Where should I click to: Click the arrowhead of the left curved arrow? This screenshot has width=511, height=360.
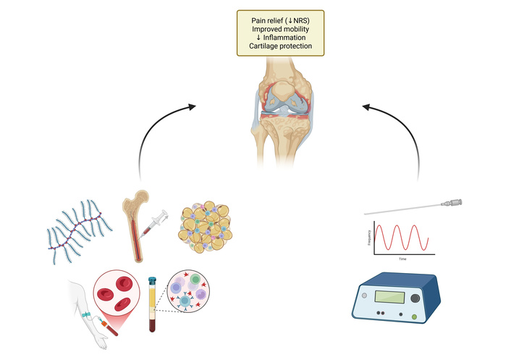pyautogui.click(x=192, y=106)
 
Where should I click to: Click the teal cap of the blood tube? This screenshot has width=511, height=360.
pyautogui.click(x=152, y=280)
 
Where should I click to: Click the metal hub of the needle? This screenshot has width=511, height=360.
pyautogui.click(x=454, y=201)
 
